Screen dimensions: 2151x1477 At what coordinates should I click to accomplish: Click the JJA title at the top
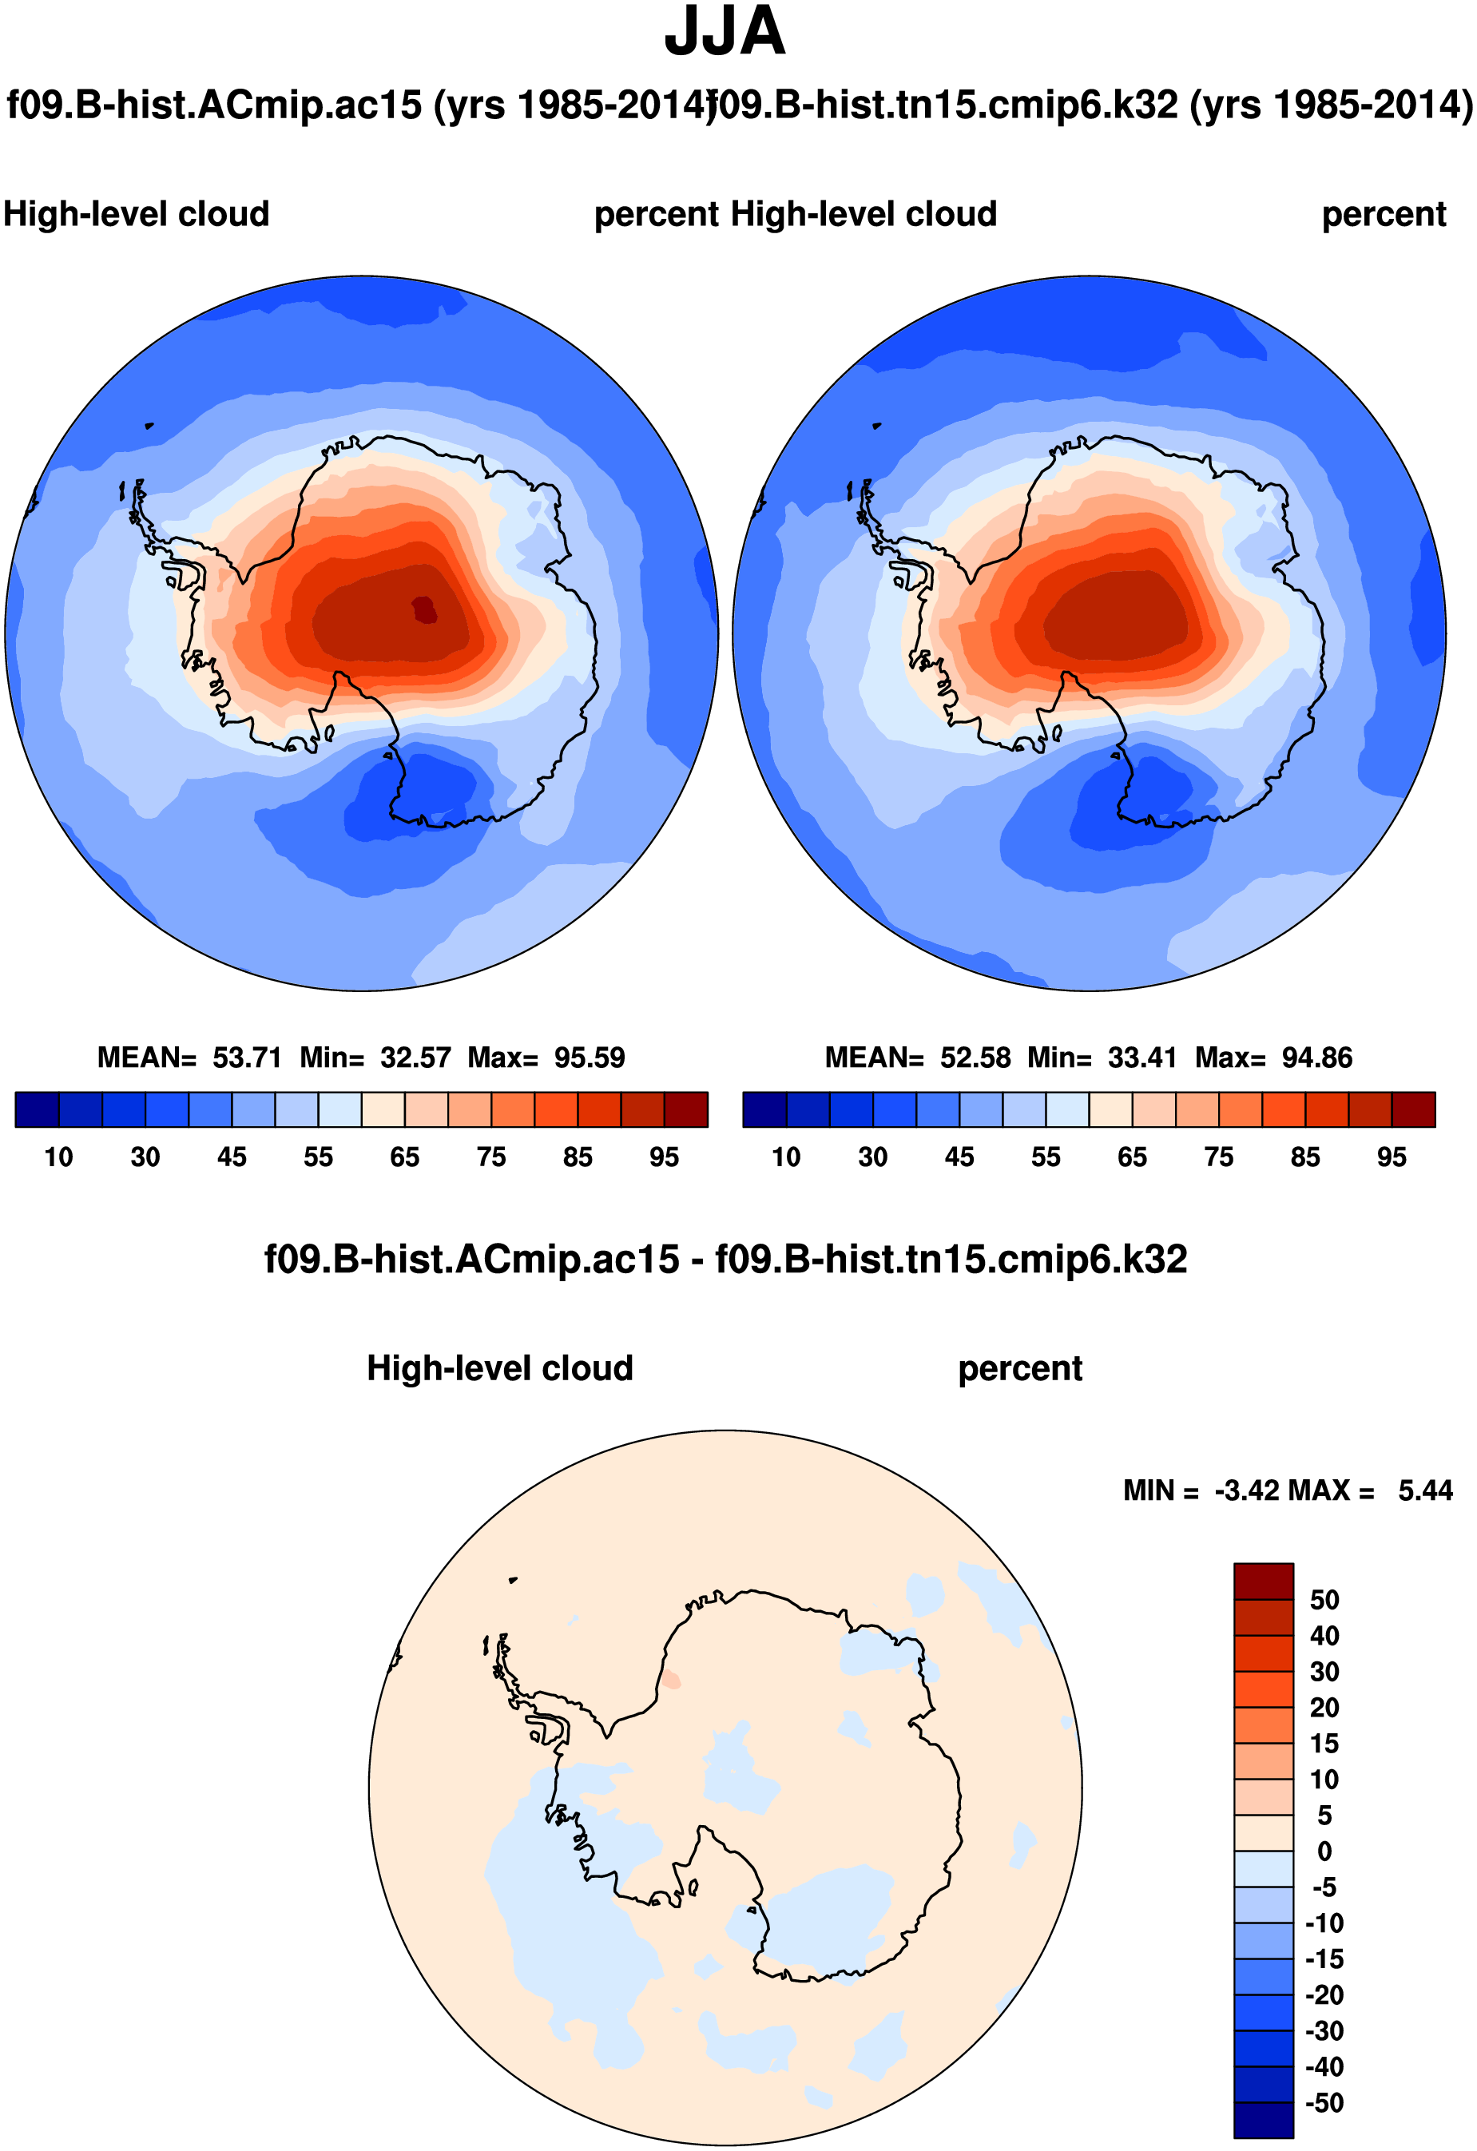[x=725, y=33]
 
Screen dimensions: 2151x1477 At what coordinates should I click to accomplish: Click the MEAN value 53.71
[x=246, y=1058]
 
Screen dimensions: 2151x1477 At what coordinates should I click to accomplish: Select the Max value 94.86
[x=1317, y=1058]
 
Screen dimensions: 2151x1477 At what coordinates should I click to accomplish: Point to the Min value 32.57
[x=415, y=1058]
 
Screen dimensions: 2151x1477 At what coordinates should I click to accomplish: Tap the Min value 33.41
[x=1142, y=1058]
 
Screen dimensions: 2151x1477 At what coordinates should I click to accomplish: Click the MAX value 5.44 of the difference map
[x=1425, y=1491]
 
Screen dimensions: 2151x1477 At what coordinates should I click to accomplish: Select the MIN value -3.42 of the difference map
[x=1248, y=1491]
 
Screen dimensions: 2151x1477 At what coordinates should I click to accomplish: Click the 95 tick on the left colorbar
[x=664, y=1157]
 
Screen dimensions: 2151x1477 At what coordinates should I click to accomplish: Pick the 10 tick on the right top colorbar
[x=786, y=1157]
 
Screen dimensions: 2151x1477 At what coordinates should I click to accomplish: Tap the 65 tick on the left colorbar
[x=404, y=1157]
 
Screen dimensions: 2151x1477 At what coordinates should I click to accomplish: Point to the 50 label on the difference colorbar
[x=1324, y=1601]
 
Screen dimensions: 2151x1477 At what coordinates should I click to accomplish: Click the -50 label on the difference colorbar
[x=1324, y=2103]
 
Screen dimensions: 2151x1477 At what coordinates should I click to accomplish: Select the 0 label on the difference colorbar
[x=1324, y=1852]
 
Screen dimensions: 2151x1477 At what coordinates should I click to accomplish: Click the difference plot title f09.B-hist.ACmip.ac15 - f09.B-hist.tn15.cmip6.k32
[x=725, y=1260]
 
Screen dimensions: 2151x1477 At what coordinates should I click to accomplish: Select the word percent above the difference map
[x=1020, y=1369]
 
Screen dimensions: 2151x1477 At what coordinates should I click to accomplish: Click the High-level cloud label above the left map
[x=136, y=215]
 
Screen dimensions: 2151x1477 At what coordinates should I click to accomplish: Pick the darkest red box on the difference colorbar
[x=1263, y=1582]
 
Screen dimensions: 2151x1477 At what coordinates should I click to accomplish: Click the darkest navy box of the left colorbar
[x=37, y=1109]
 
